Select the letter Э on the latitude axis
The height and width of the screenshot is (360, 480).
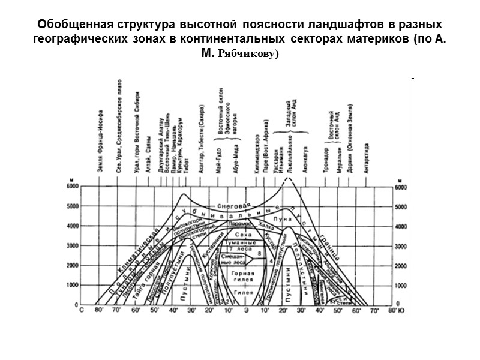[245, 310]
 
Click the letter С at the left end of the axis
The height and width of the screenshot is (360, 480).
[82, 310]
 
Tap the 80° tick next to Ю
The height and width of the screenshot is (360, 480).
[392, 310]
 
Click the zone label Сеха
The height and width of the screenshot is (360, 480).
[240, 235]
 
